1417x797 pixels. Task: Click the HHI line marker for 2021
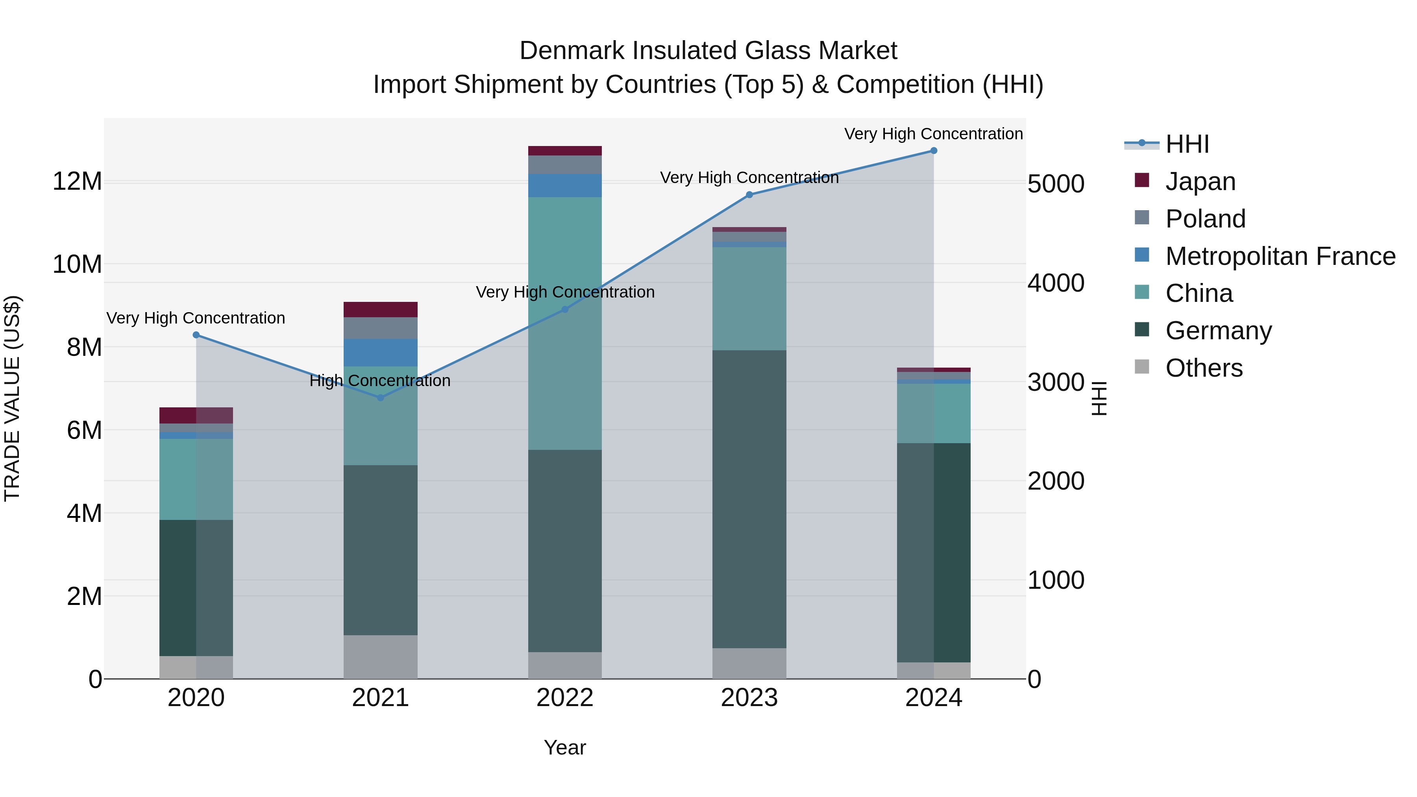380,398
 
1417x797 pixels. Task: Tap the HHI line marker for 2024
934,151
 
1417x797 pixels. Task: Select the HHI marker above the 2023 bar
749,195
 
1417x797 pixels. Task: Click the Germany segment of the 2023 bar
749,499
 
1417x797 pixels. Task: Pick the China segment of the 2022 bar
565,324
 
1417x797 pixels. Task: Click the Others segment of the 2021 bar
380,657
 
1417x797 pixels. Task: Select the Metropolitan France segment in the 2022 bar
565,185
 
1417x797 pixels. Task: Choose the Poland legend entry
1205,219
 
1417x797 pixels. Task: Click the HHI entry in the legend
1187,144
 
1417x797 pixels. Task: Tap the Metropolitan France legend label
1280,256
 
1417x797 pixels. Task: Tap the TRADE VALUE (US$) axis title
12,398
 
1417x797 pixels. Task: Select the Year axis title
565,747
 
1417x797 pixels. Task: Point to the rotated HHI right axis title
1099,398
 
